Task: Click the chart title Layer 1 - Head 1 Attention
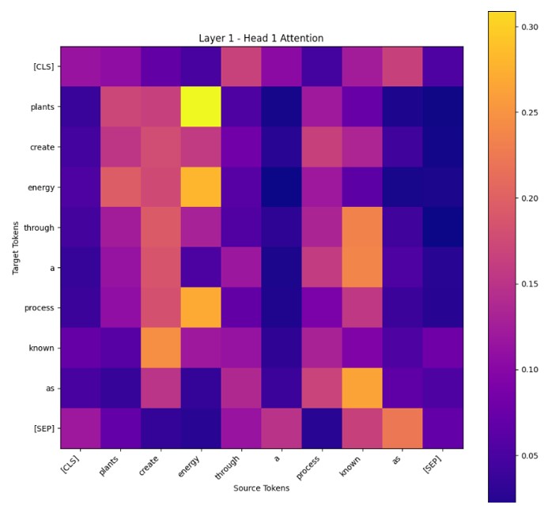point(261,38)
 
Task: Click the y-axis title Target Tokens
point(16,247)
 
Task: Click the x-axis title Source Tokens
point(261,488)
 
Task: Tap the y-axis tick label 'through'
point(39,228)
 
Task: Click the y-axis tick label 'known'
point(41,348)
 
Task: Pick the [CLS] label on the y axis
point(41,67)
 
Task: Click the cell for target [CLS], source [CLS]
point(81,67)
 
